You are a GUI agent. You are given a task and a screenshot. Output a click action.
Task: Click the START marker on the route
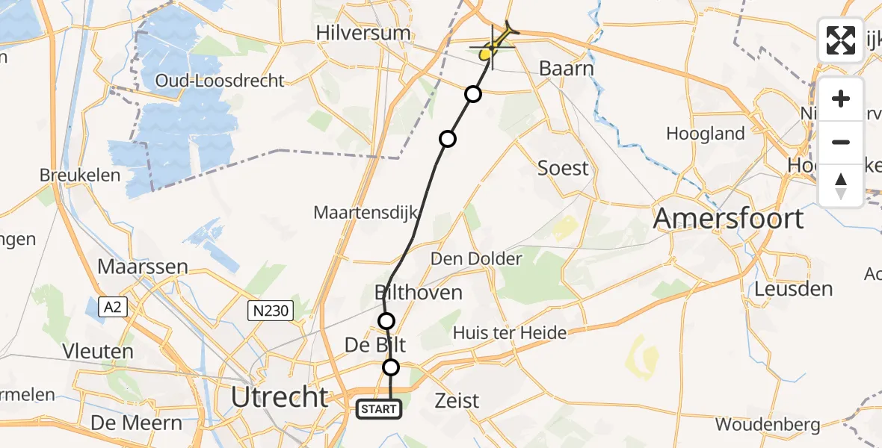379,409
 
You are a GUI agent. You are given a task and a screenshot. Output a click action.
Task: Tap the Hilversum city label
363,33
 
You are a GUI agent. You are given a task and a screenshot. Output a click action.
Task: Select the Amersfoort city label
728,219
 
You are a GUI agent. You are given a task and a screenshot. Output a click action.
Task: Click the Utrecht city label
279,396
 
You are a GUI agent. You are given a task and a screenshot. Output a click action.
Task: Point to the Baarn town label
567,69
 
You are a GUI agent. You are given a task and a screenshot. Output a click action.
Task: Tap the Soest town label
563,168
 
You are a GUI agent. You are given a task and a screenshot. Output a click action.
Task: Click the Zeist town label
457,401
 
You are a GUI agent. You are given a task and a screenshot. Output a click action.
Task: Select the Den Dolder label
476,259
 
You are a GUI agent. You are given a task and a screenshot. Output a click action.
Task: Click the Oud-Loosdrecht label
220,81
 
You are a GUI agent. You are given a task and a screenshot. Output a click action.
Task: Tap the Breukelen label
81,175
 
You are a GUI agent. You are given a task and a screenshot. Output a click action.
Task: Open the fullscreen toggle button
841,40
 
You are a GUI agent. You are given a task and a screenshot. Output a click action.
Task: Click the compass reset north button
841,185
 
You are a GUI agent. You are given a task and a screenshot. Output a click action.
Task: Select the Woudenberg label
767,425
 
